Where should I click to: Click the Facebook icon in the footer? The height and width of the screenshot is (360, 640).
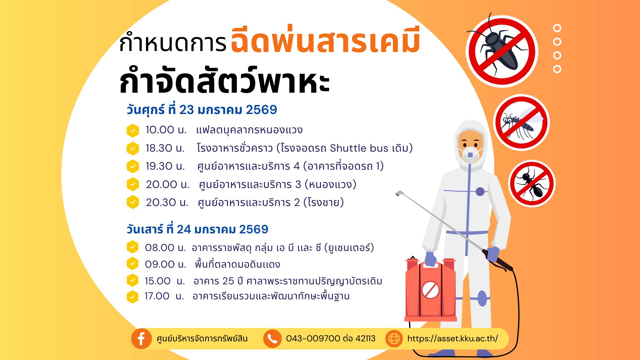click(x=141, y=339)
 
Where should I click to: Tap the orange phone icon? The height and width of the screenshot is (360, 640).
click(x=272, y=339)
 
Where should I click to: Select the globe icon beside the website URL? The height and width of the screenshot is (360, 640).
click(x=394, y=339)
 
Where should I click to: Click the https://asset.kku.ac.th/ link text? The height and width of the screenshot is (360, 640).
click(x=452, y=339)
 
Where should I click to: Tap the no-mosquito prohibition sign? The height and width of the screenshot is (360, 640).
click(x=521, y=123)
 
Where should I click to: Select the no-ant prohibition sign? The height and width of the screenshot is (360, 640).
click(x=532, y=184)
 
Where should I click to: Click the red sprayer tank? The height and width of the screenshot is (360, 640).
click(x=430, y=289)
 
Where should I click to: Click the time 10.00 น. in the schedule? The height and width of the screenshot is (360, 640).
click(x=166, y=130)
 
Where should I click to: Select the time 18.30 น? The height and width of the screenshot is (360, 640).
click(x=165, y=148)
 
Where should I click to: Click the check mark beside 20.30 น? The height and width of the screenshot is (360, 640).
click(x=133, y=202)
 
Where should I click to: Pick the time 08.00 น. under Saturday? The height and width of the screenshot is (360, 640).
click(x=165, y=248)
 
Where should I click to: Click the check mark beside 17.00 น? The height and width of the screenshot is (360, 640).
click(x=132, y=297)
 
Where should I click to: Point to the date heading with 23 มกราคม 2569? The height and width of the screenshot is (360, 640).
click(x=202, y=110)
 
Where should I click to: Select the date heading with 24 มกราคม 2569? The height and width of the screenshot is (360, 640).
click(x=197, y=229)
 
